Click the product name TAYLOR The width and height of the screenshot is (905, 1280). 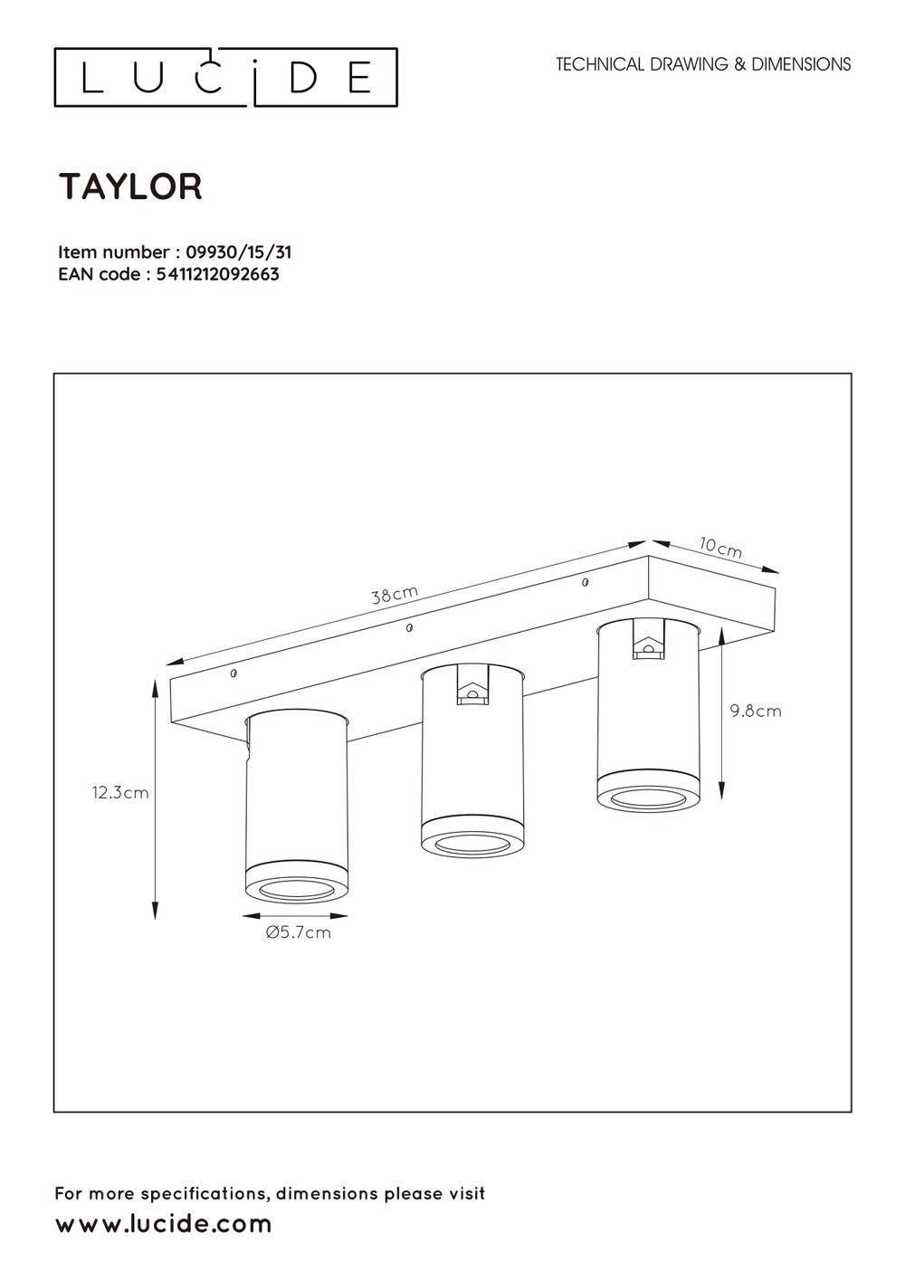pos(131,186)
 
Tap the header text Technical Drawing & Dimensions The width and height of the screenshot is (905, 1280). pos(703,64)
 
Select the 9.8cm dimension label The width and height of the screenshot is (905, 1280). pos(756,712)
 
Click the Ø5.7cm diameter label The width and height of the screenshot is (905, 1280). pos(299,932)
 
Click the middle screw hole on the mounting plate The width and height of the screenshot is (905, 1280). pos(410,626)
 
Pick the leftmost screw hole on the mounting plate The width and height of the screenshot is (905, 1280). pos(234,673)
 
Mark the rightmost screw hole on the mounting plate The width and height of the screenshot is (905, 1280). pos(586,580)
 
